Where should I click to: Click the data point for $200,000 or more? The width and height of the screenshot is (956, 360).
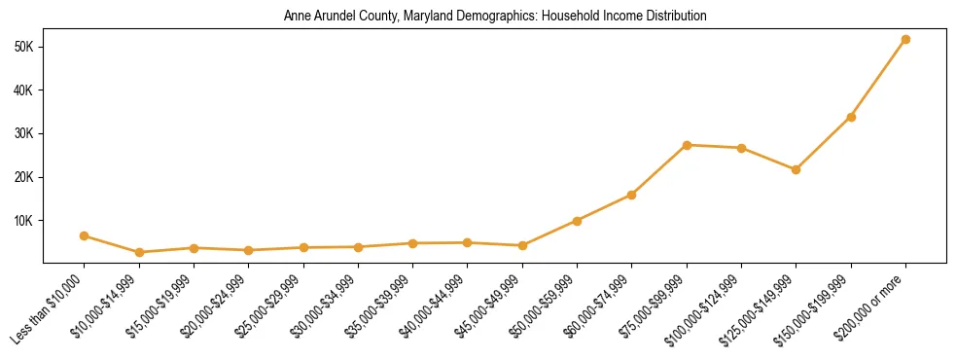[x=905, y=39]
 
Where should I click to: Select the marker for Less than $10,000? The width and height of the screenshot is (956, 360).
[x=85, y=235]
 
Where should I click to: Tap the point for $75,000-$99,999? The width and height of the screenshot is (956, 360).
[x=687, y=145]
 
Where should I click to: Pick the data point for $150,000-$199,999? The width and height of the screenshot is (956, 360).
[x=851, y=117]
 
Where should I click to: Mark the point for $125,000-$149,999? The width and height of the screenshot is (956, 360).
[x=797, y=169]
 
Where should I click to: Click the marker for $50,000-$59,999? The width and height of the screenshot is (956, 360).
[x=577, y=221]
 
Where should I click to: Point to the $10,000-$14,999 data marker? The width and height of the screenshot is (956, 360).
[x=139, y=252]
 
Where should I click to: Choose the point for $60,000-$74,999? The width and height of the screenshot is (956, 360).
[x=632, y=195]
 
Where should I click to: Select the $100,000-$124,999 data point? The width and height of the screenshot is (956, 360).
[x=741, y=148]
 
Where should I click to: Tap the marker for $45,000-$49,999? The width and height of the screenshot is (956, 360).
[x=522, y=245]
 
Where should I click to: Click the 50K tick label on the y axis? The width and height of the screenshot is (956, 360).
[x=24, y=47]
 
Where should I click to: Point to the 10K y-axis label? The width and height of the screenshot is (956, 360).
[x=24, y=220]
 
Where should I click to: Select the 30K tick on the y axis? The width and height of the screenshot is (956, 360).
[x=24, y=133]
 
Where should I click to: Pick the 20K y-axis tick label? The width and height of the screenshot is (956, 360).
[x=24, y=177]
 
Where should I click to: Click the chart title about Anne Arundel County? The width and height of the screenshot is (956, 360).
[x=494, y=17]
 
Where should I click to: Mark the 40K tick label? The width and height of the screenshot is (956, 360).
[x=24, y=90]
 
